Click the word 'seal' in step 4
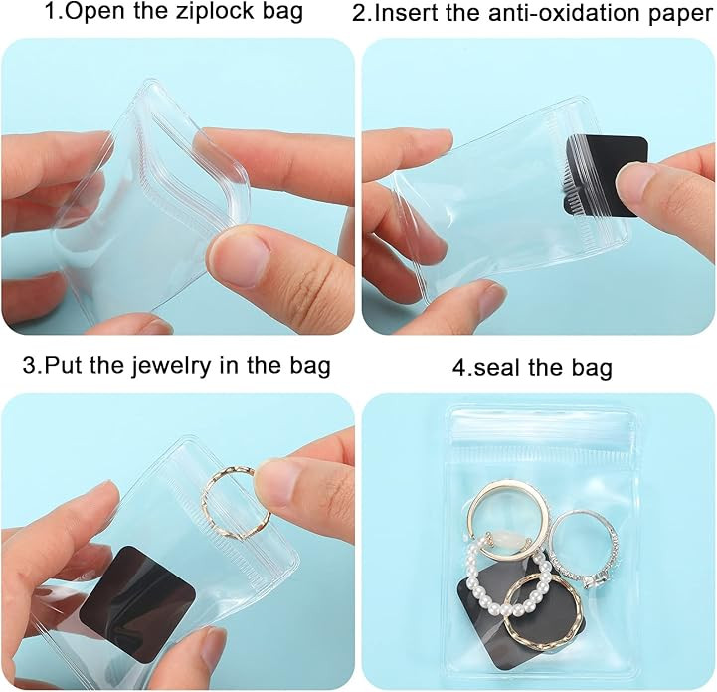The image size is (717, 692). pos(501,367)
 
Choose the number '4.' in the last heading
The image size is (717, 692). pos(462,367)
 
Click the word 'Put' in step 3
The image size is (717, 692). pos(64,365)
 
